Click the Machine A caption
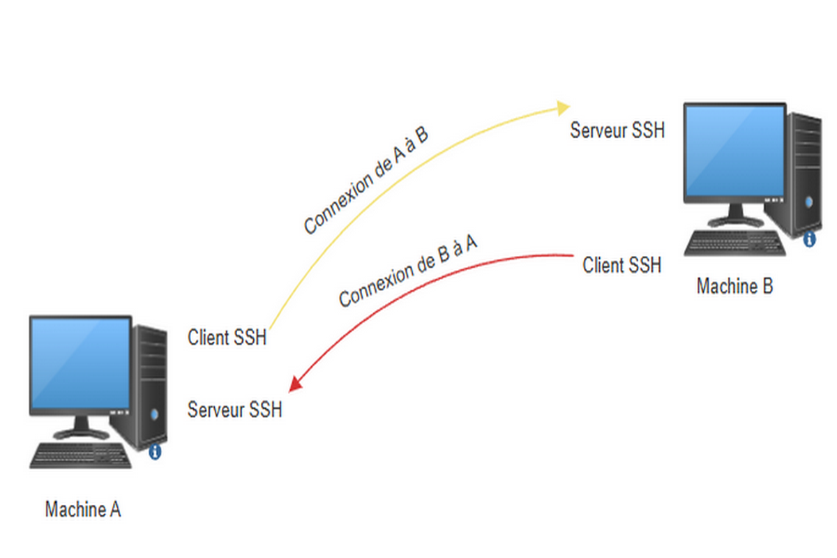[83, 510]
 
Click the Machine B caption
[734, 286]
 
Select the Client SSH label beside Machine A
[227, 338]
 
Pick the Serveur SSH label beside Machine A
[235, 409]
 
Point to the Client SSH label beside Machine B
[621, 266]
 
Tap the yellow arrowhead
[564, 107]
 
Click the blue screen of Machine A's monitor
[80, 363]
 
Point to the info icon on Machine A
[155, 452]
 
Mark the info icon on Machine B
[809, 240]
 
